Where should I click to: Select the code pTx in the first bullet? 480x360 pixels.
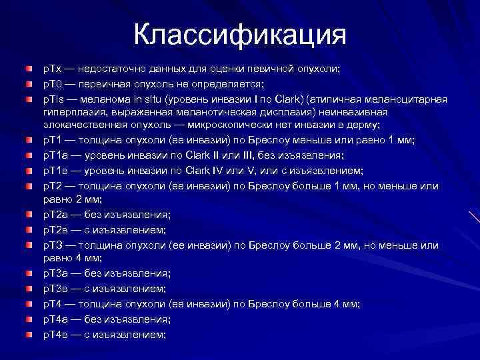(53, 69)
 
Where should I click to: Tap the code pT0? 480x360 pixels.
(53, 83)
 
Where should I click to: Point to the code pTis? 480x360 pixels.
(55, 98)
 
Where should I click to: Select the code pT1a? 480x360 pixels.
(56, 155)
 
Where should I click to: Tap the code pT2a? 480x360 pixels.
(56, 215)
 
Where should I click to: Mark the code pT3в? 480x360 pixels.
(56, 289)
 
